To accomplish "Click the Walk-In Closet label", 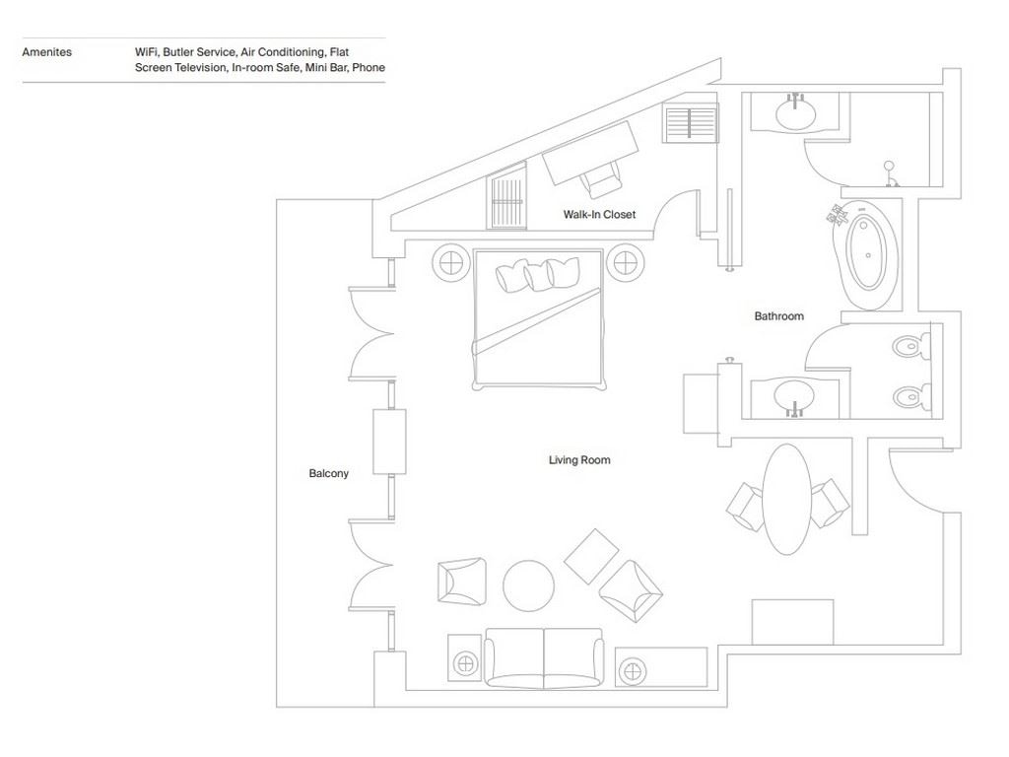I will pyautogui.click(x=599, y=215).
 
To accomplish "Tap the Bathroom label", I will pyautogui.click(x=778, y=316).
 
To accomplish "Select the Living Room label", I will pyautogui.click(x=579, y=460).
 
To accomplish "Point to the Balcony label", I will pyautogui.click(x=328, y=474).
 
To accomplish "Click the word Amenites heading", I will pyautogui.click(x=46, y=52).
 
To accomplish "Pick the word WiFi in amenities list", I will pyautogui.click(x=146, y=52).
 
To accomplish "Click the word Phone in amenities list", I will pyautogui.click(x=369, y=68).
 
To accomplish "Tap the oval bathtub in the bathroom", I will pyautogui.click(x=867, y=253).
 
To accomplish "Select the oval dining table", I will pyautogui.click(x=787, y=499).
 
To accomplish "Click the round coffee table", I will pyautogui.click(x=528, y=585).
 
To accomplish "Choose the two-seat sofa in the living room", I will pyautogui.click(x=544, y=656).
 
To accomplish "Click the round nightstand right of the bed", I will pyautogui.click(x=625, y=262).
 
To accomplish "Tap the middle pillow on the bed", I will pyautogui.click(x=539, y=275).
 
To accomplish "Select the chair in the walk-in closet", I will pyautogui.click(x=600, y=179).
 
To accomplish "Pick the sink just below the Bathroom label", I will pyautogui.click(x=794, y=398).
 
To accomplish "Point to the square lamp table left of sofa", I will pyautogui.click(x=465, y=658).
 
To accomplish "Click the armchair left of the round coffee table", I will pyautogui.click(x=461, y=581).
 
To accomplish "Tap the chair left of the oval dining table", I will pyautogui.click(x=746, y=506).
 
